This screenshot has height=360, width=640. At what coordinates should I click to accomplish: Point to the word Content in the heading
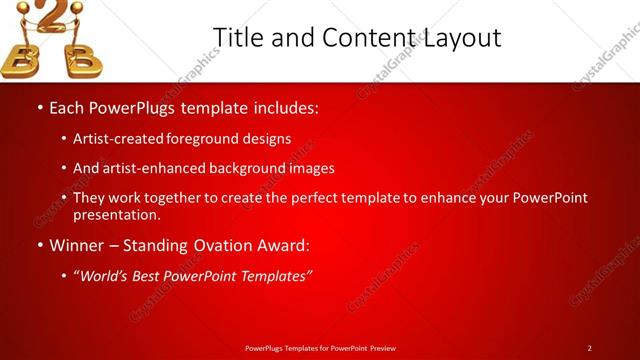[x=362, y=38]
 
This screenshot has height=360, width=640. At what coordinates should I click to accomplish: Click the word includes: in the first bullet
[x=285, y=106]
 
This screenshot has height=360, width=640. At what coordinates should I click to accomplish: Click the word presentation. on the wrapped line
[x=116, y=215]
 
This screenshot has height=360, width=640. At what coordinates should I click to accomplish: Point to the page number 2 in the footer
[x=589, y=348]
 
